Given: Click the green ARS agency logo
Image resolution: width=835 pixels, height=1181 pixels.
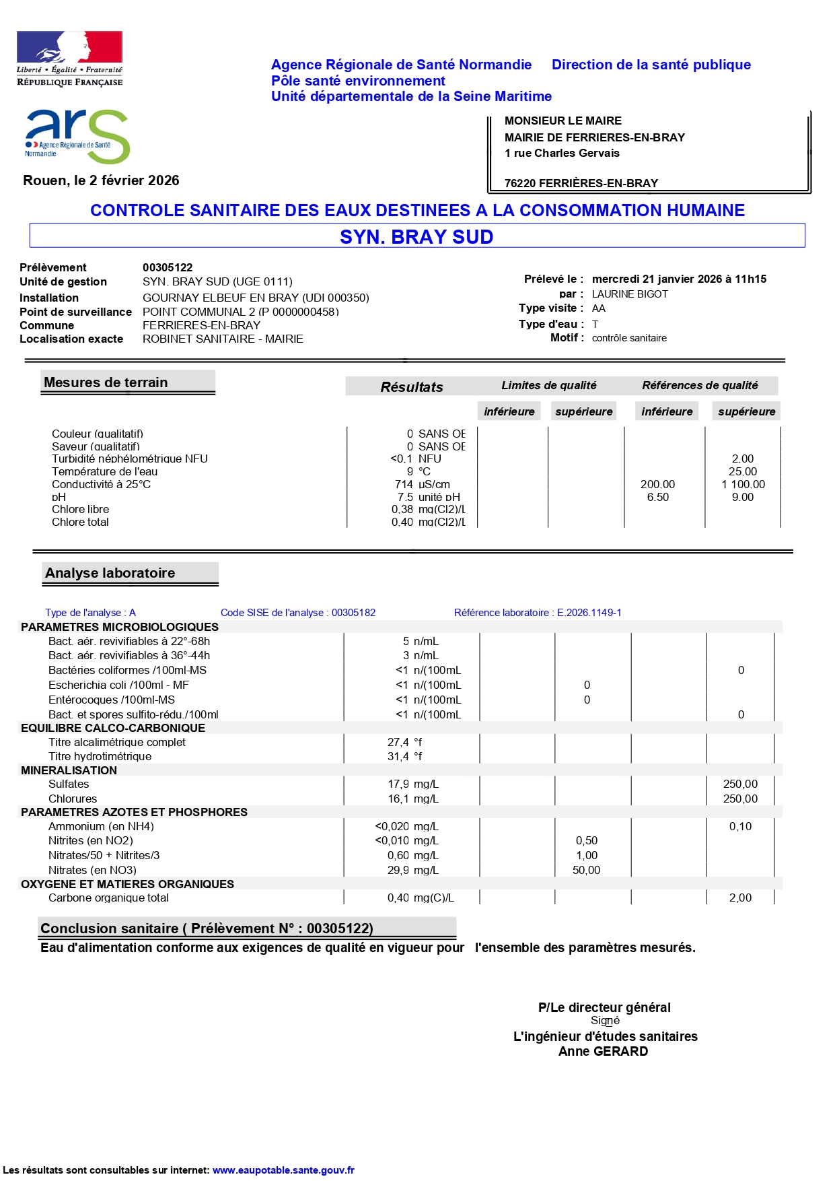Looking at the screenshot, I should [x=77, y=137].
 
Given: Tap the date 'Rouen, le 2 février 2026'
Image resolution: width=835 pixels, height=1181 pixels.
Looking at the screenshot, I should [x=101, y=180].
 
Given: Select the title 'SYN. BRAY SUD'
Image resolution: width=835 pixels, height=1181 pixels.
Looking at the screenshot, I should [x=416, y=237].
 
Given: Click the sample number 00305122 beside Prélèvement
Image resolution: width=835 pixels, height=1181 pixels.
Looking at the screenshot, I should [x=168, y=267].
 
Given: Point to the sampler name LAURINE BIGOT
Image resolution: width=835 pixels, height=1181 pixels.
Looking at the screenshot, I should [x=630, y=294].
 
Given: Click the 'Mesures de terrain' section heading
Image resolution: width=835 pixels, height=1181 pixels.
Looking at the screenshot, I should [x=106, y=382].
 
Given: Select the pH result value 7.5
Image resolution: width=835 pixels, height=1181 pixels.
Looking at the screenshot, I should [x=405, y=497].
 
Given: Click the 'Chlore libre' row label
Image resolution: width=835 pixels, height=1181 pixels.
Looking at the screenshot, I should [x=80, y=509].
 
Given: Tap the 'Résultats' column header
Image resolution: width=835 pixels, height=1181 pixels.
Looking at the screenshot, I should [x=412, y=386].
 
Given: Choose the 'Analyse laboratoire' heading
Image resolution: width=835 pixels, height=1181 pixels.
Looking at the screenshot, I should [x=110, y=573].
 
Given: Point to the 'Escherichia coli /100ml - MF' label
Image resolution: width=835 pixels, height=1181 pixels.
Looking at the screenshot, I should [x=118, y=685].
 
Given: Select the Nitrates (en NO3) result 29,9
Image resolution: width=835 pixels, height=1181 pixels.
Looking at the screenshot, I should [x=398, y=870].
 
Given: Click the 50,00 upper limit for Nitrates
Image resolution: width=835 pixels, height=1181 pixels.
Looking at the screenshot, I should [x=586, y=870].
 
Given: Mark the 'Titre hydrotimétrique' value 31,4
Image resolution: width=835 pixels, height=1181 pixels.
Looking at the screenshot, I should [x=398, y=756].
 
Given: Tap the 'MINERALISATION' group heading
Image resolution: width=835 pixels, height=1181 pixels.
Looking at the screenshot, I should [x=69, y=770].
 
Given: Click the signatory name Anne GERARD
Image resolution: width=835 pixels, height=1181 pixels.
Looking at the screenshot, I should [x=603, y=1052].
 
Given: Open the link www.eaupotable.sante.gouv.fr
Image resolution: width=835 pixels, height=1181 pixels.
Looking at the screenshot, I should [x=283, y=1170].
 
